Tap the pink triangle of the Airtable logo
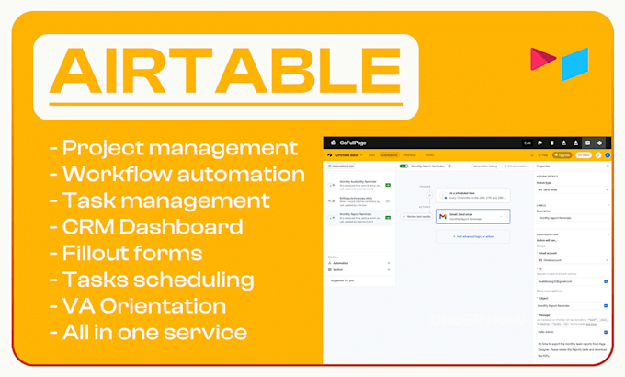542,60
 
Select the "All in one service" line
153,332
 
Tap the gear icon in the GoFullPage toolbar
599,143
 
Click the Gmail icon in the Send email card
441,217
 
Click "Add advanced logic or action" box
472,237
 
